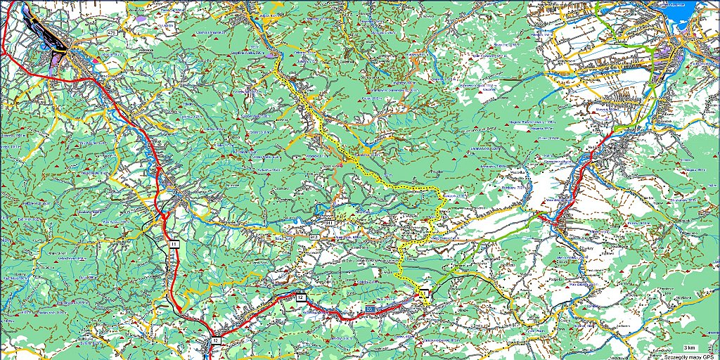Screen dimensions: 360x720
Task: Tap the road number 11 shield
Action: point(174,244)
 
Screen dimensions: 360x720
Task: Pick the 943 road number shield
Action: point(314,240)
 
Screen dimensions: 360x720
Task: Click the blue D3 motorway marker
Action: point(370,309)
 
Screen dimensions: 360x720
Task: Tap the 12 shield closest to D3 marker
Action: point(301,298)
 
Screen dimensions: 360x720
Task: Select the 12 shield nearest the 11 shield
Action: point(216,340)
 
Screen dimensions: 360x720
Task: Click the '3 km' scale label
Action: point(691,347)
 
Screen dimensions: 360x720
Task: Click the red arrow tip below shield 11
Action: point(179,309)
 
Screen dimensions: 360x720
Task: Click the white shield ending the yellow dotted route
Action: point(424,292)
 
